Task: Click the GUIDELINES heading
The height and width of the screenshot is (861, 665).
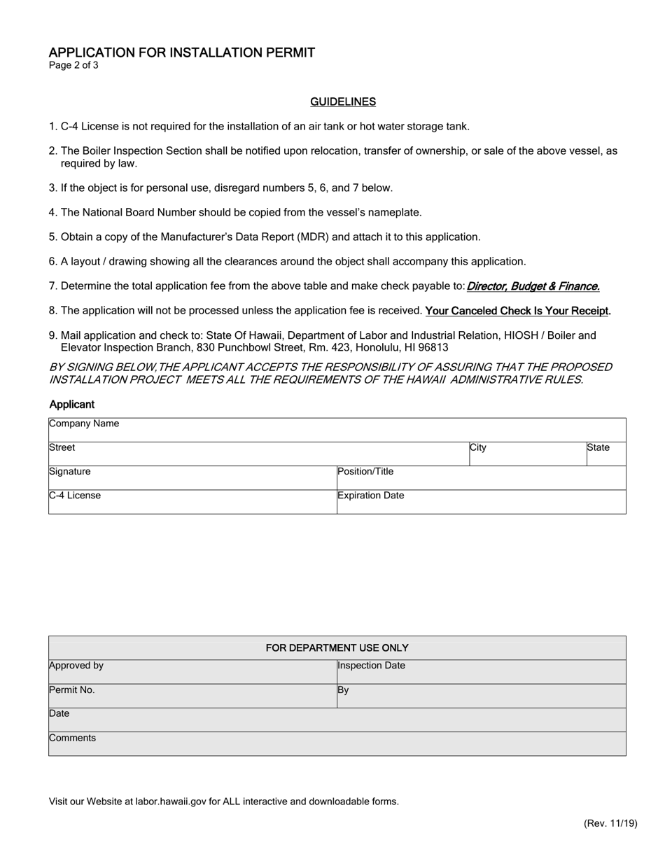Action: (x=343, y=102)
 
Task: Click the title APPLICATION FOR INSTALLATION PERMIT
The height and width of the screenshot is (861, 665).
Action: (x=182, y=52)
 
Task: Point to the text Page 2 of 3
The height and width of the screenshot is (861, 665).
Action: (x=73, y=66)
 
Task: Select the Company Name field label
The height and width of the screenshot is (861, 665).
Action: (x=84, y=423)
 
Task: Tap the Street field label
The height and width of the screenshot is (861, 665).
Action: (x=62, y=447)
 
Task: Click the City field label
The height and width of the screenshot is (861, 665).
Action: (x=478, y=447)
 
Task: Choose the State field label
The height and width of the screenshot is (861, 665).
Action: (x=598, y=447)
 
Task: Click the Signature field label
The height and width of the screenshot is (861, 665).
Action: (x=70, y=471)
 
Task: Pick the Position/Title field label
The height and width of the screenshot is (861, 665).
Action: (x=365, y=471)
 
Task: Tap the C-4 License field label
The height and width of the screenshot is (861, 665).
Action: (x=75, y=496)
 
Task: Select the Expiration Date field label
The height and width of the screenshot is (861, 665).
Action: (x=371, y=496)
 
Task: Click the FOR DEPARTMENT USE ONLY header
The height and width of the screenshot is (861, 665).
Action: (x=337, y=648)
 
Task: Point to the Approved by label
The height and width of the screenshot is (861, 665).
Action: (x=76, y=666)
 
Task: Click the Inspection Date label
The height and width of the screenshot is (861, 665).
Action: (x=372, y=666)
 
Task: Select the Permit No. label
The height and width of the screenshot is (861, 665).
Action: (x=72, y=689)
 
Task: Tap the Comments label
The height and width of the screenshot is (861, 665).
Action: (x=73, y=738)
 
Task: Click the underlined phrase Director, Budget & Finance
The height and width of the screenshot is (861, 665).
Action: (x=533, y=286)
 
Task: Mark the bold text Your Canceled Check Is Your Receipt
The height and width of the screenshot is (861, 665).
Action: (x=518, y=311)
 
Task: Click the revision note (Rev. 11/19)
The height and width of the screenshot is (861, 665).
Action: (x=610, y=823)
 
